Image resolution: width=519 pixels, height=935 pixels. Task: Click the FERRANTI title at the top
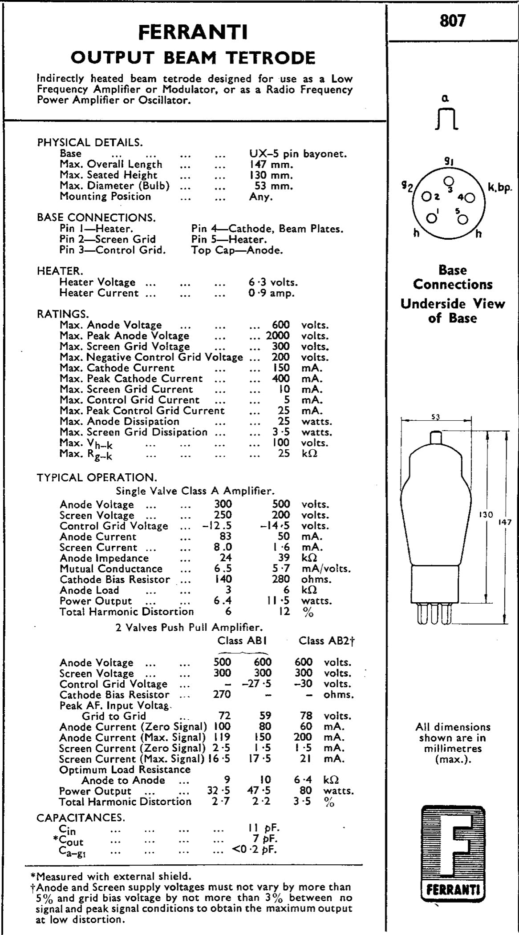[x=193, y=32]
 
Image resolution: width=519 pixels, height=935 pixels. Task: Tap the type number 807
[x=452, y=21]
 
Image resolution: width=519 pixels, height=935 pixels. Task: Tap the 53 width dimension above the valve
[x=435, y=417]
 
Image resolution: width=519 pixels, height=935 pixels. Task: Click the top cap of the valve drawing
[x=436, y=437]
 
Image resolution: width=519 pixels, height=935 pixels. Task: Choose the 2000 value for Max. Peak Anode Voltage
[x=278, y=336]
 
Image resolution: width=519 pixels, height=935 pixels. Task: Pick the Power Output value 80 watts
[x=305, y=791]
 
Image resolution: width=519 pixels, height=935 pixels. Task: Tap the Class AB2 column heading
[x=326, y=641]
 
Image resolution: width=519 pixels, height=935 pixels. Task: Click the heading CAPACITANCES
[x=81, y=818]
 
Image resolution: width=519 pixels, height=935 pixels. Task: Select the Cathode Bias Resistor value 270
[x=222, y=694]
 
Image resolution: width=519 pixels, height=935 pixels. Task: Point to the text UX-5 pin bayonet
[x=298, y=154]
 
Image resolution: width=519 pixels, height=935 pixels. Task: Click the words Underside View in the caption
[x=453, y=304]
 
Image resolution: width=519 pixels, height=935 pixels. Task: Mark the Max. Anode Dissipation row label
[x=119, y=421]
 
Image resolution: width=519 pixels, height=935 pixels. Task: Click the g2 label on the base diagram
[x=407, y=187]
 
